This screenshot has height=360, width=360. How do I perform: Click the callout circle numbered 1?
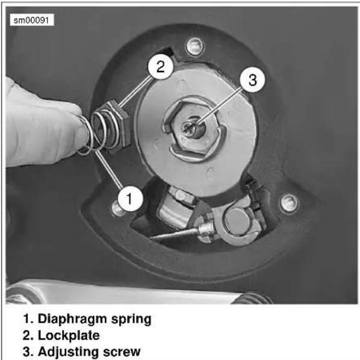130,199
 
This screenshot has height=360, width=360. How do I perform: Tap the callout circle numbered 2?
160,67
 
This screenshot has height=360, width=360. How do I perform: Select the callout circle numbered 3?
252,79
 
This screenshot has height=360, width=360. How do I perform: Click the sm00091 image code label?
32,20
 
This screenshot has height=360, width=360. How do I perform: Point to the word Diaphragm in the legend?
72,319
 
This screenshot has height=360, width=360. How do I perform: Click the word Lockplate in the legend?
69,335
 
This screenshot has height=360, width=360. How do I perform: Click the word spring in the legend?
131,320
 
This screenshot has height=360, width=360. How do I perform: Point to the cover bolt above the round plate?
194,46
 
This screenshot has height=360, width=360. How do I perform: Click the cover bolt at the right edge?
288,202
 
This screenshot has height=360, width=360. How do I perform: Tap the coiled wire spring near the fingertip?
99,132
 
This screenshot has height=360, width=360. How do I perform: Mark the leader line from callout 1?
108,169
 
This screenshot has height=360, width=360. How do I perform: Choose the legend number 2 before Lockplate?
28,336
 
